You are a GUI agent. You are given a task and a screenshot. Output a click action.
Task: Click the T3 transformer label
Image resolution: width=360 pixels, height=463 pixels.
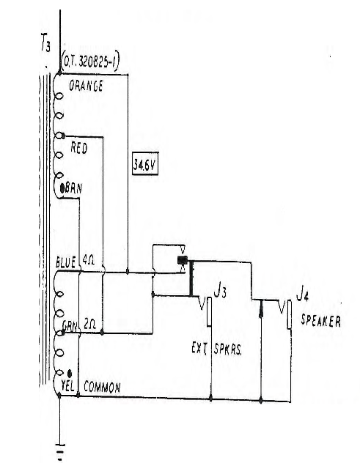tap(45, 42)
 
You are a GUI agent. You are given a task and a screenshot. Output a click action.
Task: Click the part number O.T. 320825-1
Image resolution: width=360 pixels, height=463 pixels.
tap(90, 62)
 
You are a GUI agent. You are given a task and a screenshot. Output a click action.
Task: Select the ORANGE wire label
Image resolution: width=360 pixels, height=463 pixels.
tap(86, 86)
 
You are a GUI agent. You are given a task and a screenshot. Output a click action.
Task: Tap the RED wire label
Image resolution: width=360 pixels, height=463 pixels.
tap(79, 147)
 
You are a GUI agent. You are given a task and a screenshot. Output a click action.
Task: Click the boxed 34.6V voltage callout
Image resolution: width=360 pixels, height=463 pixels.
tap(145, 163)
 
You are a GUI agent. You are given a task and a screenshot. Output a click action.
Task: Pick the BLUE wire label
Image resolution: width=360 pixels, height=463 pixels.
tap(65, 262)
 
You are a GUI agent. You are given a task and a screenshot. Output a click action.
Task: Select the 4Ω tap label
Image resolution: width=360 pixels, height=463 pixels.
tap(89, 260)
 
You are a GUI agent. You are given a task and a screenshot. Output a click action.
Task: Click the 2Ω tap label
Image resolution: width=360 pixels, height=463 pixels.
tap(89, 324)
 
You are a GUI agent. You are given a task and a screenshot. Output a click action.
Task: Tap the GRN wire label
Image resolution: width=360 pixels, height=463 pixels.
tap(70, 326)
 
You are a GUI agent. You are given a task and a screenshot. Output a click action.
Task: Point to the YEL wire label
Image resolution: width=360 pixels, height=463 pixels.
tap(67, 385)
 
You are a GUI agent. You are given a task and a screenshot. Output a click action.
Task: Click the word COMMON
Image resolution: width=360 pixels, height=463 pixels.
tap(102, 387)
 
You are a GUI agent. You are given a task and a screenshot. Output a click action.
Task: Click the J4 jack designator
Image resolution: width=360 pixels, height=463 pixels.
tap(302, 295)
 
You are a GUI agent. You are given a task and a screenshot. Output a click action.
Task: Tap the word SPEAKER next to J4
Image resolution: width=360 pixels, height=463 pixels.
tap(320, 321)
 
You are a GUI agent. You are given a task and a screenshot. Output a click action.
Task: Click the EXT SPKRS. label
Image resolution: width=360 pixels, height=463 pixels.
tap(216, 349)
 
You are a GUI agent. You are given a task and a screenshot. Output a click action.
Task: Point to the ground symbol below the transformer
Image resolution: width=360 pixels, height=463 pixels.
tap(60, 452)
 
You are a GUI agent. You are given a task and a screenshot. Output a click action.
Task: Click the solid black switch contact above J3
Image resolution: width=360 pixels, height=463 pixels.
tap(183, 260)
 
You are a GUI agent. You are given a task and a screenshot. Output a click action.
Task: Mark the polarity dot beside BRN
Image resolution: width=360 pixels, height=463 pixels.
tap(62, 188)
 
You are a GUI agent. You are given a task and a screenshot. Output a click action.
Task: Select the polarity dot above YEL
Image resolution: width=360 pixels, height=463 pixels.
tap(70, 374)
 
